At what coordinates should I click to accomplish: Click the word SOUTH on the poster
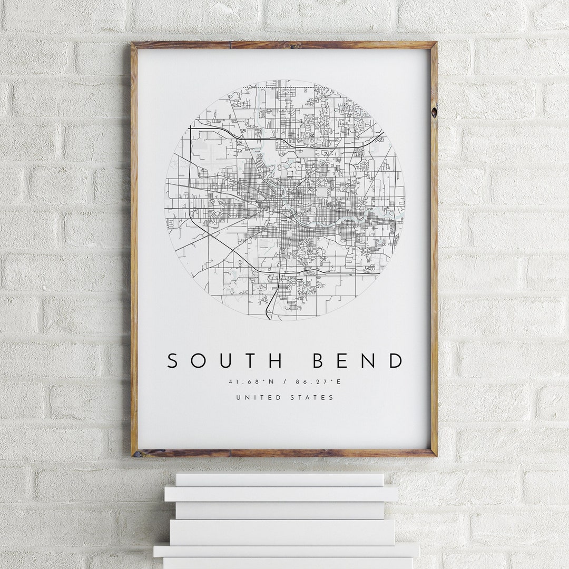click(x=225, y=361)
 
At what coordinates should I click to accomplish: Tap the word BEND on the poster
click(x=358, y=361)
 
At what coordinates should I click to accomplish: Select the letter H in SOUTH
click(x=275, y=361)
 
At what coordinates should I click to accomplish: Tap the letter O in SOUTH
click(x=198, y=361)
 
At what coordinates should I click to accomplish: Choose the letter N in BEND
click(x=370, y=361)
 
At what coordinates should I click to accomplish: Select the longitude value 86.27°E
click(x=321, y=382)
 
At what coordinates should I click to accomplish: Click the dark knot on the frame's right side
click(x=434, y=112)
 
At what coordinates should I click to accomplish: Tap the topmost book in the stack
click(x=280, y=479)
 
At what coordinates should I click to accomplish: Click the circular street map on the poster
click(x=284, y=200)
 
